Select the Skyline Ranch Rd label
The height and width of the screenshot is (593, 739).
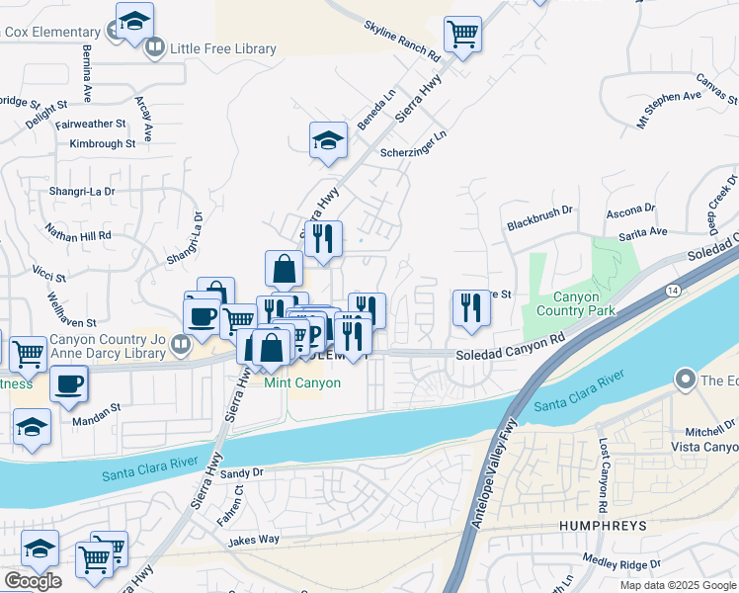[400, 41]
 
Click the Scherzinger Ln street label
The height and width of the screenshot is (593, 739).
[413, 148]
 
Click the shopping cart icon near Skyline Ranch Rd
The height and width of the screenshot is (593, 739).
[462, 36]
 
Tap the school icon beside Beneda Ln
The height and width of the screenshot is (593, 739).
[328, 141]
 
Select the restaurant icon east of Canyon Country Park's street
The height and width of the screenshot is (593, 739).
[471, 307]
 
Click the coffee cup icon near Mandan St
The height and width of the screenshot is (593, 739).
[68, 383]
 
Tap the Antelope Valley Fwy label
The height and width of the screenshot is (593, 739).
[494, 476]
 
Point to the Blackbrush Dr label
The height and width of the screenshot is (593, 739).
[539, 211]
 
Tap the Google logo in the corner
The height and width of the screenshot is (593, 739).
[33, 580]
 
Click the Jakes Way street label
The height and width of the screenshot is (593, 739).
[254, 541]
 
